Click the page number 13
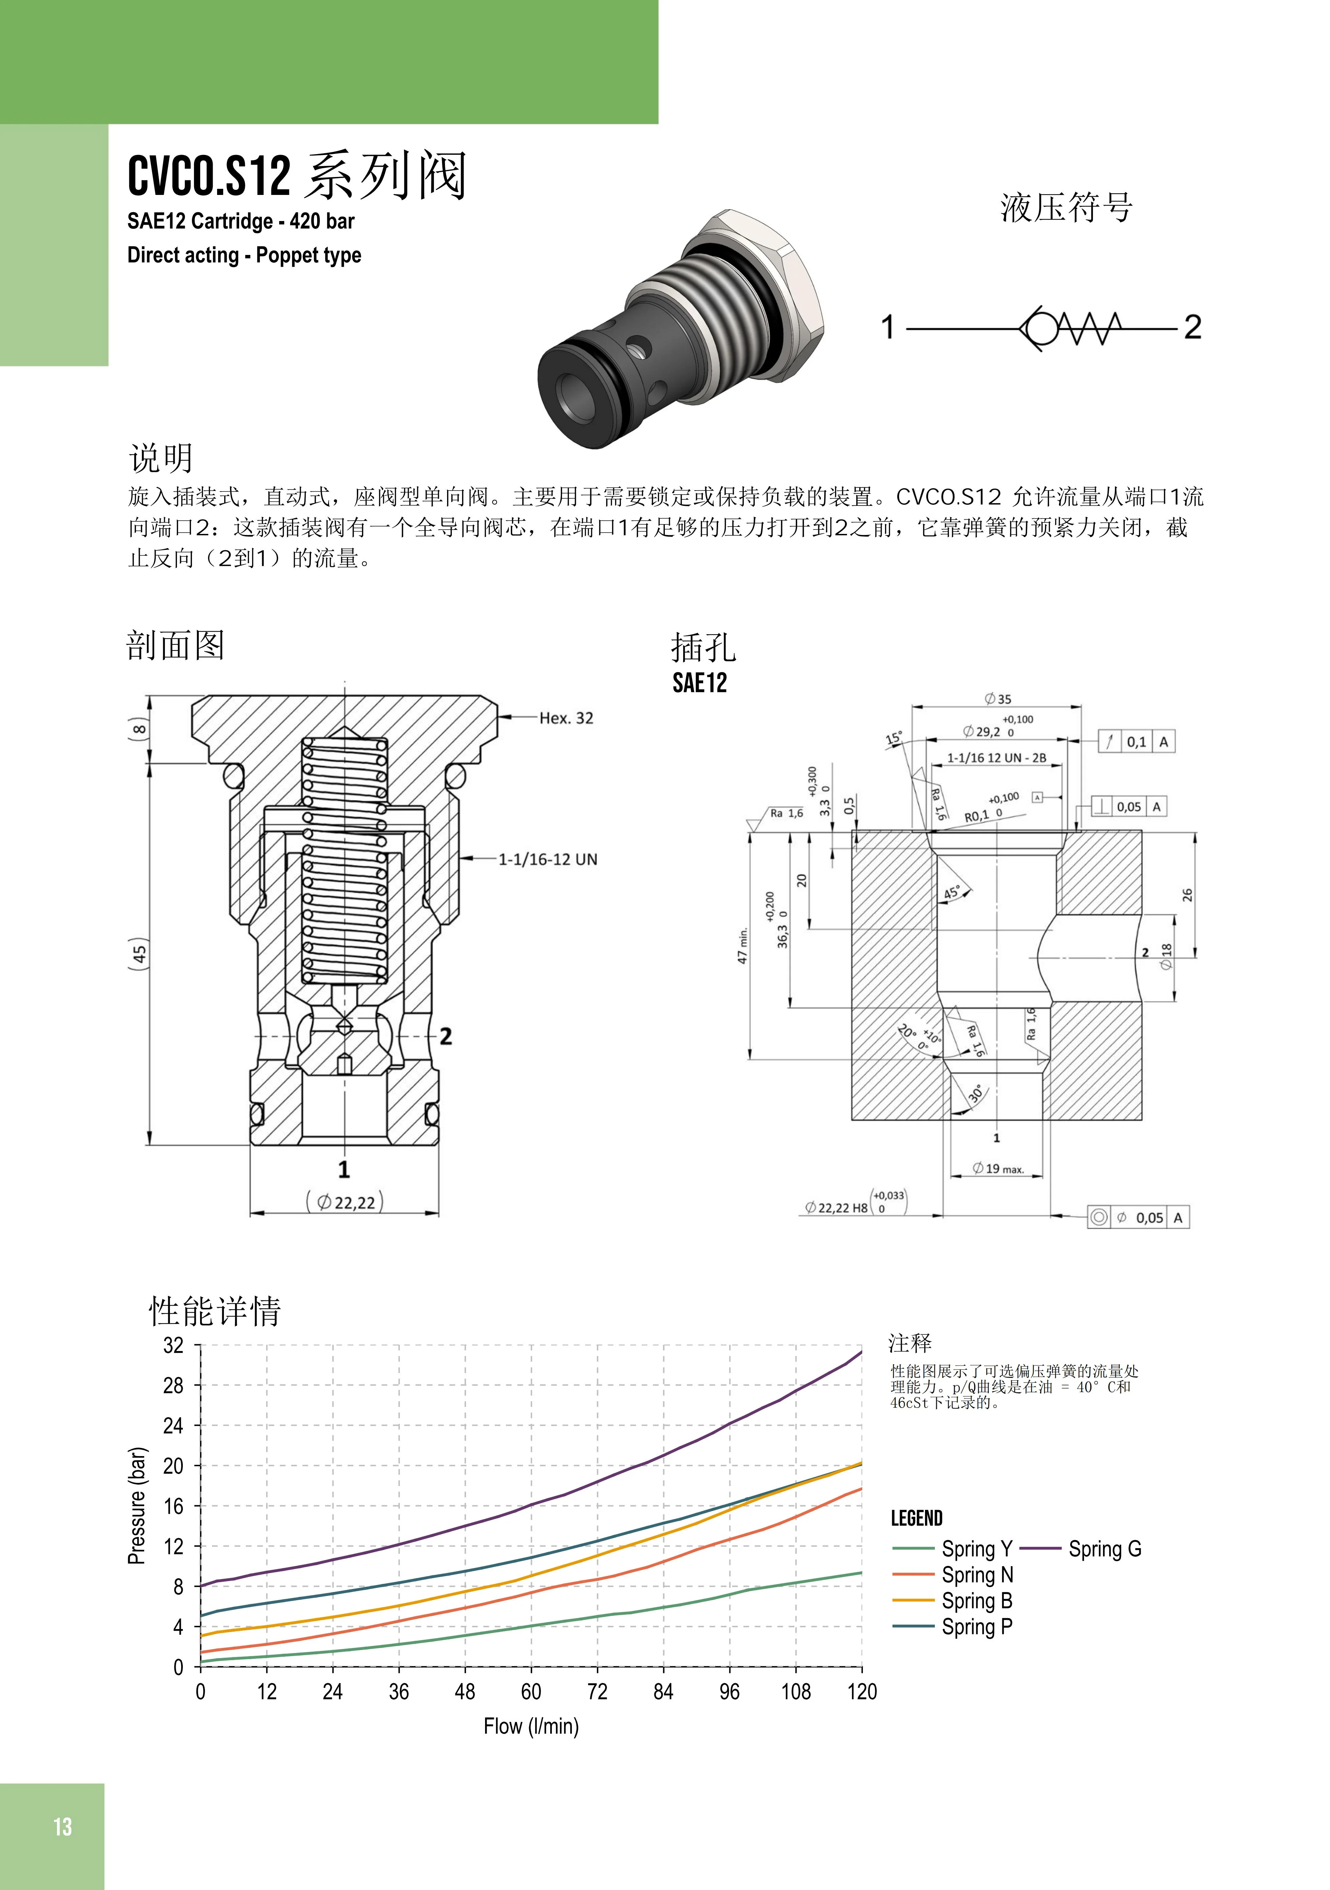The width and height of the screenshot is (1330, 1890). click(63, 1827)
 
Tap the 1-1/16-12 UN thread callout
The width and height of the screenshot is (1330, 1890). click(548, 859)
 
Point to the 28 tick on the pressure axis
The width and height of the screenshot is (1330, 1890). click(173, 1386)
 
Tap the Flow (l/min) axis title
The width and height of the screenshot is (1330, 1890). click(531, 1726)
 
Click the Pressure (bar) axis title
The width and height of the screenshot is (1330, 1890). click(137, 1506)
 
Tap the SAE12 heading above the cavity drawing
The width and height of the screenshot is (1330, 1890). click(700, 683)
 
